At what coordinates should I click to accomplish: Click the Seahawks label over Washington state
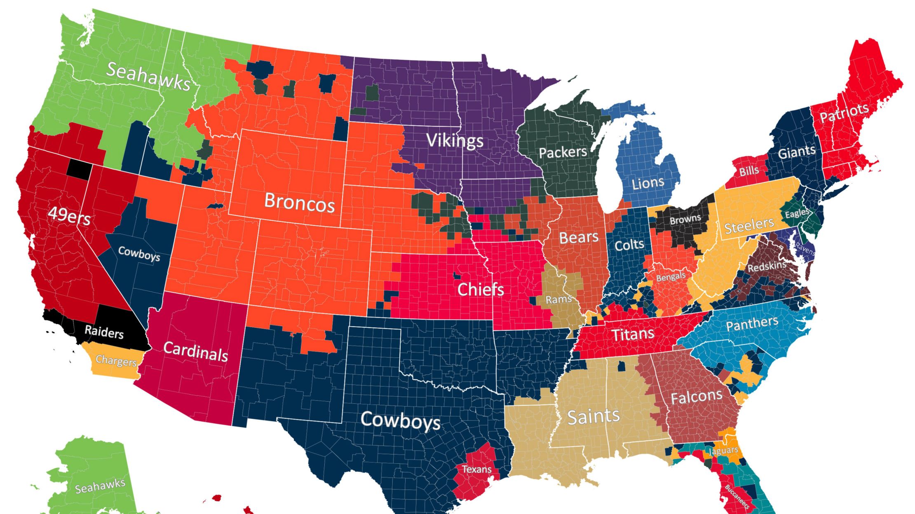coord(149,77)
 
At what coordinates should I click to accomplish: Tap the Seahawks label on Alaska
coord(100,486)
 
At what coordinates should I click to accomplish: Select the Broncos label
coord(299,202)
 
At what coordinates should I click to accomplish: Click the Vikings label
coord(455,140)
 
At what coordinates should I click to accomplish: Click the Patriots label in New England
coord(844,112)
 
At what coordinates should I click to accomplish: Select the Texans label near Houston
coord(476,469)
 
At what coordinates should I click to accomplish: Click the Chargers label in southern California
coord(116,361)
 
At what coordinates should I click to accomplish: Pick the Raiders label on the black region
coord(104,332)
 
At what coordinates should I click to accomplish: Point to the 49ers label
coord(69,216)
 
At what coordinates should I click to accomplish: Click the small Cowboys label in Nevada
coord(139,254)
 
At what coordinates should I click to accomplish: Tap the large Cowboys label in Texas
coord(400,421)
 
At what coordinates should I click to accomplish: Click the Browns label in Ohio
coord(685,220)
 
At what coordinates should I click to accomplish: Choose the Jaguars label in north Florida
coord(724,451)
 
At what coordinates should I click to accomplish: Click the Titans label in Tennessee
coord(633,334)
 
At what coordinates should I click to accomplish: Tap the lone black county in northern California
coord(79,169)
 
